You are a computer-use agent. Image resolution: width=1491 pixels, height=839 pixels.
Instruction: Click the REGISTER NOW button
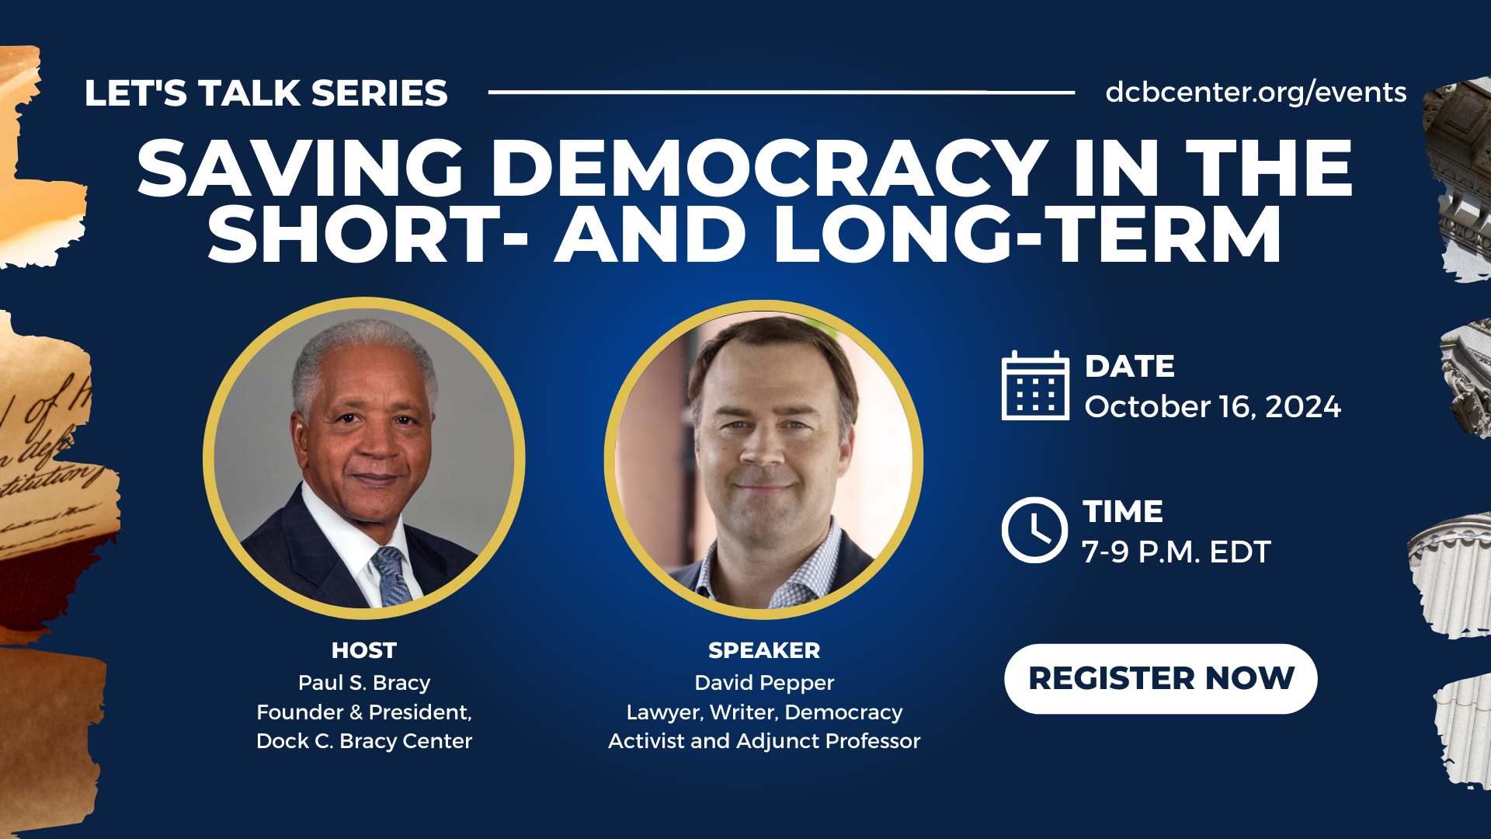click(1160, 678)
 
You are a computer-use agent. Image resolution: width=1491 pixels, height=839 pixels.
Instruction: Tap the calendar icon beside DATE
click(1035, 385)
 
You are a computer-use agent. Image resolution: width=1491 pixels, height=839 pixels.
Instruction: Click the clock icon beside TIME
click(1034, 530)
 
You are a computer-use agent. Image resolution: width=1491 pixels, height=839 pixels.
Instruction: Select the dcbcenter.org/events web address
click(1256, 92)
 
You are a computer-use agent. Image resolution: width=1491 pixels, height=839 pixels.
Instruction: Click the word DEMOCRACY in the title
click(770, 169)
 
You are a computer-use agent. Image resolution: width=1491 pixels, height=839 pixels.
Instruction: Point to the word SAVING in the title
click(301, 169)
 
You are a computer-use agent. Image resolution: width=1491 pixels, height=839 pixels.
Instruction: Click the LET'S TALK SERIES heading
click(266, 93)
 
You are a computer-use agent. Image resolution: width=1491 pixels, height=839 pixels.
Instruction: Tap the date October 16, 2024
click(1212, 407)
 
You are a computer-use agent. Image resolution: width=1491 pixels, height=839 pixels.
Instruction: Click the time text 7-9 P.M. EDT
click(1176, 552)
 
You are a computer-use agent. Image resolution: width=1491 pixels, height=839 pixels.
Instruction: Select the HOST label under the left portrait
click(363, 650)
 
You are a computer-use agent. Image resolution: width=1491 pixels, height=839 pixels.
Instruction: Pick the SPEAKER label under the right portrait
click(764, 650)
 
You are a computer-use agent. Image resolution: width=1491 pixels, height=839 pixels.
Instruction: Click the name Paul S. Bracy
click(363, 683)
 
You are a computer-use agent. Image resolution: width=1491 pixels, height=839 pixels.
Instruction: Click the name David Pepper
click(764, 684)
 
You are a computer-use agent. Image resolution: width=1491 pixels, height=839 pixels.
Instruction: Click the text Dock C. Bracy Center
click(363, 741)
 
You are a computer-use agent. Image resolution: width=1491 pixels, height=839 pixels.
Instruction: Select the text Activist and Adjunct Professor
click(764, 741)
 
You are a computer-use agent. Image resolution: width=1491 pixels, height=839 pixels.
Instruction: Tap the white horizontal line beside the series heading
click(781, 92)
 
